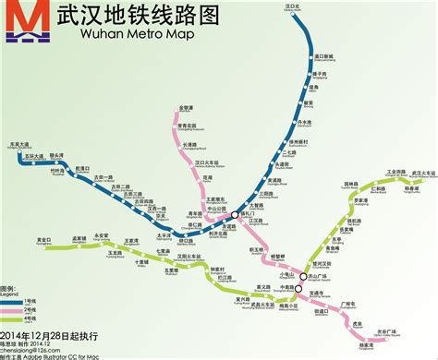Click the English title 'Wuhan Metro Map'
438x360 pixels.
(105, 40)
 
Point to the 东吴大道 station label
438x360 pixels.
(33, 146)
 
